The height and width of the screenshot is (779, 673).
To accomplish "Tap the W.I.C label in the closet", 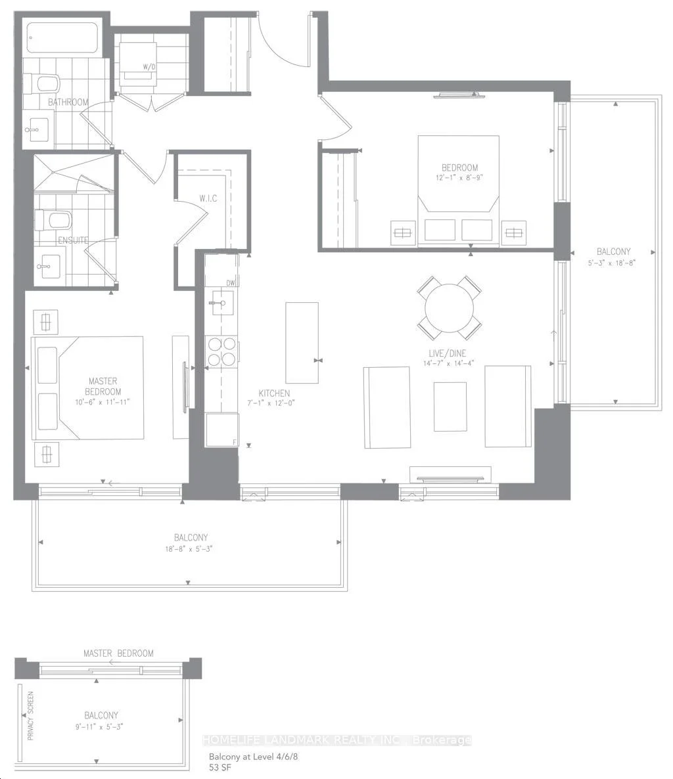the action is (x=208, y=198).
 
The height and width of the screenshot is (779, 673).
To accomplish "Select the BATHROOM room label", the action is (x=68, y=102).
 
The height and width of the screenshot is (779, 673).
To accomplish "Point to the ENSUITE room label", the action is (x=73, y=240).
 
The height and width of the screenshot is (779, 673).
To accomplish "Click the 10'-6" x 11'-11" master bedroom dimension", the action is (x=103, y=402).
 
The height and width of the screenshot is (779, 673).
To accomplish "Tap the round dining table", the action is (x=450, y=308).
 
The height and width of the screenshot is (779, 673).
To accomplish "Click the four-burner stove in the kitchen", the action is (x=221, y=351).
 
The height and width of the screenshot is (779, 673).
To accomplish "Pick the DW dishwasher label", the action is (x=231, y=282).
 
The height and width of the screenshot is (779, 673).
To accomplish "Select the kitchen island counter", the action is (x=302, y=342).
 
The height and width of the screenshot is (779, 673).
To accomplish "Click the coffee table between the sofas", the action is (x=450, y=407).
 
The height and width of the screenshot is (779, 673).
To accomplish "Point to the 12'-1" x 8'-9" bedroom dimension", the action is (x=459, y=177).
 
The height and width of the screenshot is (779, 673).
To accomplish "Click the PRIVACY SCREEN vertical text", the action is (x=31, y=716).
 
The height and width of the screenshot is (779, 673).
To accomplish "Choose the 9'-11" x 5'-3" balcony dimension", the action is (x=99, y=726).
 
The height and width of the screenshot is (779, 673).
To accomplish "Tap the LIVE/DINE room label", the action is (x=448, y=353).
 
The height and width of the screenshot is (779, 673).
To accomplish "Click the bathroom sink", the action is (x=37, y=130).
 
